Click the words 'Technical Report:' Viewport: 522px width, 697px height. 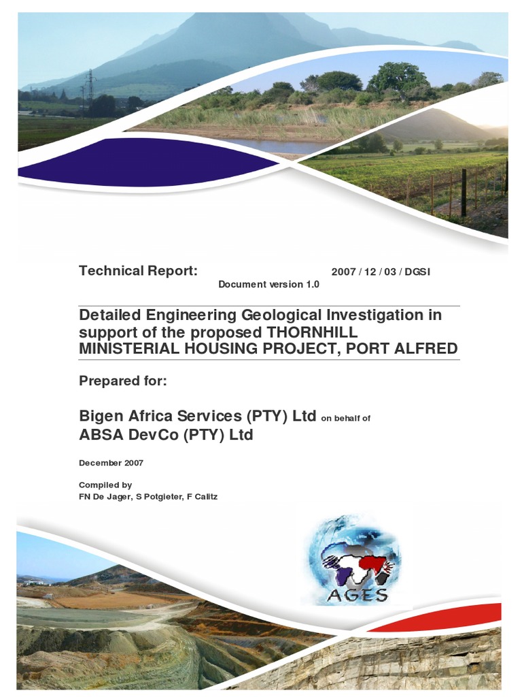click(138, 271)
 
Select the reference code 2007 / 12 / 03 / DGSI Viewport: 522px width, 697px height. click(381, 272)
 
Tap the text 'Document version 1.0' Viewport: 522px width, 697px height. click(268, 285)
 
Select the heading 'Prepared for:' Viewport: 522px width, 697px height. click(123, 381)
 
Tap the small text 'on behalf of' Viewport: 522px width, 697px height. click(345, 419)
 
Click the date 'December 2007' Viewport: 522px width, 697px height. click(111, 463)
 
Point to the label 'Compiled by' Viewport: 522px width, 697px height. click(105, 485)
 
